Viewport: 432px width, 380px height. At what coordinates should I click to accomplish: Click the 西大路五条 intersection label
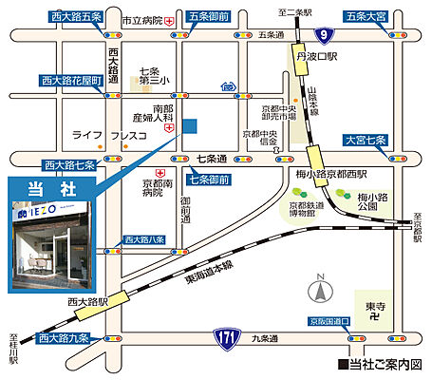(77, 16)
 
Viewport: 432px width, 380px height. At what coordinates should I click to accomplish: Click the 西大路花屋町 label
(69, 80)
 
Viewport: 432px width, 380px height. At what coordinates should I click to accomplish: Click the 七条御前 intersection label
(208, 180)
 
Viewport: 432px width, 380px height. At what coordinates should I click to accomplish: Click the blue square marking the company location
(192, 125)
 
